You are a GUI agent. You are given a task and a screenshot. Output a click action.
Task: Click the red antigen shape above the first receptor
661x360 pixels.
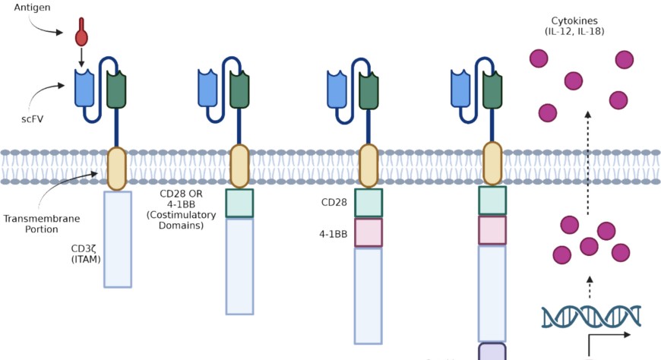81,36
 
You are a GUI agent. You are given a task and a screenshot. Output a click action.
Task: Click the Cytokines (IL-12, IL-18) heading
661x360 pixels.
574,25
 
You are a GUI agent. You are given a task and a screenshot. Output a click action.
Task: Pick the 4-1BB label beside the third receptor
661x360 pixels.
333,234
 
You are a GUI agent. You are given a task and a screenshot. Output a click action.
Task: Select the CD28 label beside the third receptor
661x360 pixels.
334,203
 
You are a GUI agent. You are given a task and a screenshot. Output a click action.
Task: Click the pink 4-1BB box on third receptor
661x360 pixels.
368,232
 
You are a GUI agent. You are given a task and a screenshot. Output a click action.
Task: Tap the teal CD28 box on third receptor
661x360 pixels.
368,203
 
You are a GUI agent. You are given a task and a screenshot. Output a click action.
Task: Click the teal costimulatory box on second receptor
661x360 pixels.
239,203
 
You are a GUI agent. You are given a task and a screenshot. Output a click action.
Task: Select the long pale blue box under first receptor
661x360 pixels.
118,238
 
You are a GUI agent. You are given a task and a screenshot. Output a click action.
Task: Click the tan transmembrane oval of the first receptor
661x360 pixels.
116,169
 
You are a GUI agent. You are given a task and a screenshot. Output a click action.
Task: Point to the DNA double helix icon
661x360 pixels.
591,317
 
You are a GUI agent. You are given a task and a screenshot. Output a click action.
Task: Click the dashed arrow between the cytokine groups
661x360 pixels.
587,160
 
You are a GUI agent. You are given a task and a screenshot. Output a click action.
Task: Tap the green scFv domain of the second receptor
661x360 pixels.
239,89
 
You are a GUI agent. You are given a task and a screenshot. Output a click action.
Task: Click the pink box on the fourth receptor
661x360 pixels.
492,229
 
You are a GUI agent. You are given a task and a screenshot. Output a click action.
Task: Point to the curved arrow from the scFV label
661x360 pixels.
46,95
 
